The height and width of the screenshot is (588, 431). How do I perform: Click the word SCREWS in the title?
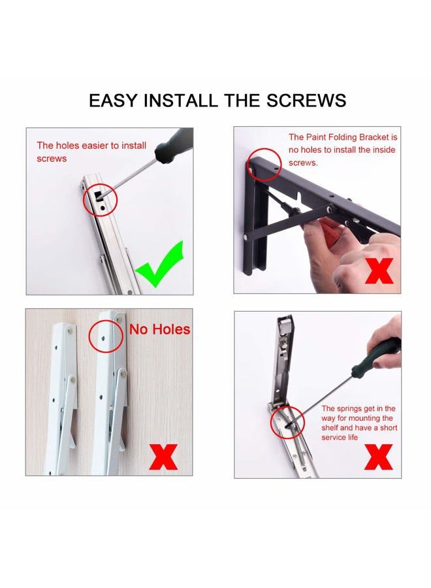(x=306, y=101)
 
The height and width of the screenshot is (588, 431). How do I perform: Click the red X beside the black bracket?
(x=379, y=270)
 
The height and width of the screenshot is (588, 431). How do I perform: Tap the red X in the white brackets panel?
(x=163, y=457)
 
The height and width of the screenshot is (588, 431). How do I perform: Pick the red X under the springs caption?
(x=379, y=457)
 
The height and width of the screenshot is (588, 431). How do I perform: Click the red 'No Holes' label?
(x=159, y=329)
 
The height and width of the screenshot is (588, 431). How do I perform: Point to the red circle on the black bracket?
(x=265, y=164)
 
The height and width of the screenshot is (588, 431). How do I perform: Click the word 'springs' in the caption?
(x=349, y=408)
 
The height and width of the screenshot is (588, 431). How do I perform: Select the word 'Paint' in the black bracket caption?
(x=317, y=137)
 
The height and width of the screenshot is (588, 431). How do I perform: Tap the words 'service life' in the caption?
(x=340, y=437)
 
